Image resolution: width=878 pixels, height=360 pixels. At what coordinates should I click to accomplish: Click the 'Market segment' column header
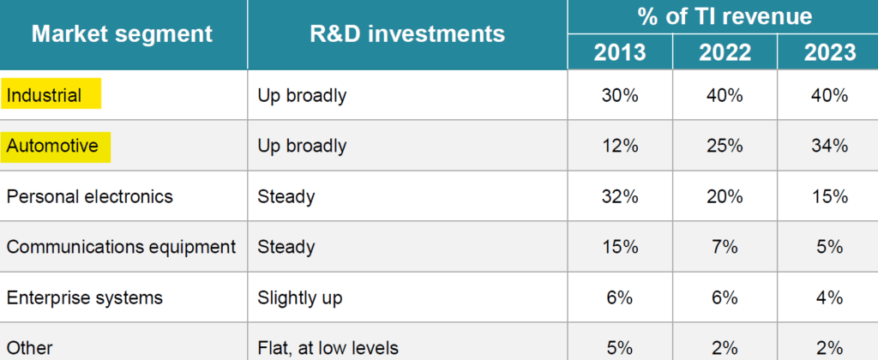[x=122, y=34]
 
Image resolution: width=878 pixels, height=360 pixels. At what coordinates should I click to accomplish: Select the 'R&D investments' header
[x=407, y=34]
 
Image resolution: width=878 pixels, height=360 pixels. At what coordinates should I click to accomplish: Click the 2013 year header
[x=619, y=52]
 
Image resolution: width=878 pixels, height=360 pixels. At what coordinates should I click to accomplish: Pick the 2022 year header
[x=725, y=52]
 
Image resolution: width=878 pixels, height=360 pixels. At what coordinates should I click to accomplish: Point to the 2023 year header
[x=830, y=52]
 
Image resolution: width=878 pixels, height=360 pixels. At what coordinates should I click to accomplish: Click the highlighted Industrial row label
[x=45, y=96]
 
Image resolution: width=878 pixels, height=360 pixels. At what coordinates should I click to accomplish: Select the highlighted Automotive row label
[x=52, y=146]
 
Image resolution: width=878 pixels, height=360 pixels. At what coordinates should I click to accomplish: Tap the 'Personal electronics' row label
[x=89, y=197]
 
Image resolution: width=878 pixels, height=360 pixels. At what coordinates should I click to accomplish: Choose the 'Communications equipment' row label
[x=121, y=247]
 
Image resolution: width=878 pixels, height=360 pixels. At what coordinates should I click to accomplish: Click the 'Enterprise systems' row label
[x=85, y=297]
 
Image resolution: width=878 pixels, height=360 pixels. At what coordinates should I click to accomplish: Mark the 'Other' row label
[x=30, y=348]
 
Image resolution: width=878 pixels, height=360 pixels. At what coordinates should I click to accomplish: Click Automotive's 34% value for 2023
[x=829, y=146]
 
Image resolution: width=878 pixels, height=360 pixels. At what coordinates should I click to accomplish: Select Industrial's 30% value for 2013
[x=620, y=96]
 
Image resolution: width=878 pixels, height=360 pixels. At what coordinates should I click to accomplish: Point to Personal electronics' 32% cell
[x=620, y=197]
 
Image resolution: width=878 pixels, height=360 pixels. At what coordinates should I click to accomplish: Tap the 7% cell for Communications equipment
[x=725, y=247]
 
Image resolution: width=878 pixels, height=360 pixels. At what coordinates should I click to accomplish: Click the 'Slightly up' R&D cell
[x=299, y=297]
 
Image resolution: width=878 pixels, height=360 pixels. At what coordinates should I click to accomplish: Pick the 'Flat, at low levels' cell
[x=328, y=348]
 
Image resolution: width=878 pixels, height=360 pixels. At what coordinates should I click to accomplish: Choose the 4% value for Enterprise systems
[x=829, y=297]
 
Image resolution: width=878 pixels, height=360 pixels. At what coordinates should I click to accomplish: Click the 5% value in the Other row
[x=620, y=348]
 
